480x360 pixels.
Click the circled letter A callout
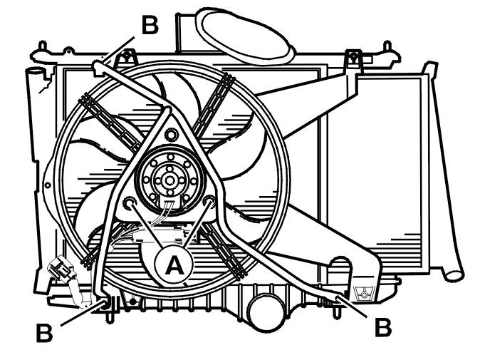coord(174,264)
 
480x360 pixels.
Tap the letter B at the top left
coord(150,25)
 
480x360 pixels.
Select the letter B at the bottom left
coord(44,332)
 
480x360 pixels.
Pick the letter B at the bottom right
coord(383,327)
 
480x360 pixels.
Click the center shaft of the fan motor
coord(169,181)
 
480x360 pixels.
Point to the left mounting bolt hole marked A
coord(129,203)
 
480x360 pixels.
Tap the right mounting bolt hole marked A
coord(209,202)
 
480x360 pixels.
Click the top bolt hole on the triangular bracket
coord(170,134)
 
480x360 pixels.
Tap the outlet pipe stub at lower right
coord(454,273)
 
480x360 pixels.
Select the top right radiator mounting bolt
coord(353,56)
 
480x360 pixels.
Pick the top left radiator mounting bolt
coord(126,56)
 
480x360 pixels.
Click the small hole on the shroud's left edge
coord(48,185)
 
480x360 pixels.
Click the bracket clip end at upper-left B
coord(98,68)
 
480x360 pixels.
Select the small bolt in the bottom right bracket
coord(365,294)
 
